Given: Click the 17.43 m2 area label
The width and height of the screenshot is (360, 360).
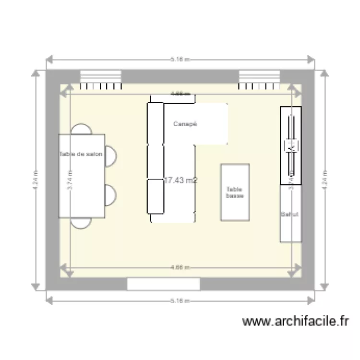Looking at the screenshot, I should pyautogui.click(x=180, y=180).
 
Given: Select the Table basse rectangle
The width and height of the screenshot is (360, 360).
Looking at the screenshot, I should pyautogui.click(x=235, y=192).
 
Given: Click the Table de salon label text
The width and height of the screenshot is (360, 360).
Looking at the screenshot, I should pyautogui.click(x=81, y=155).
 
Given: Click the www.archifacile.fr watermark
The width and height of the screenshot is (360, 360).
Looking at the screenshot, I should pyautogui.click(x=296, y=322).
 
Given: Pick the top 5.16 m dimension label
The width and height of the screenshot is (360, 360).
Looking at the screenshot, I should pyautogui.click(x=180, y=60).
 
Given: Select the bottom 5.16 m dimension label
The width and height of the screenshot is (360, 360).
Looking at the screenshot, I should pyautogui.click(x=180, y=301).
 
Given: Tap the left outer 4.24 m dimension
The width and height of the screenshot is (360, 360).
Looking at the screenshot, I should pyautogui.click(x=36, y=180).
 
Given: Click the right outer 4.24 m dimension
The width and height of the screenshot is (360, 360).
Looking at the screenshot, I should pyautogui.click(x=325, y=180).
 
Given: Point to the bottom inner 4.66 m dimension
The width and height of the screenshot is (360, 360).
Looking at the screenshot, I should pyautogui.click(x=180, y=267).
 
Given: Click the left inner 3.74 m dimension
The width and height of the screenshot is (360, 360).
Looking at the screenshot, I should pyautogui.click(x=70, y=180).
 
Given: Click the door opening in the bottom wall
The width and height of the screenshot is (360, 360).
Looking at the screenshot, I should pyautogui.click(x=163, y=284).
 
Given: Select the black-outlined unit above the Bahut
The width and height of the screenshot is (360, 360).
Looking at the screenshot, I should pyautogui.click(x=290, y=145).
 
